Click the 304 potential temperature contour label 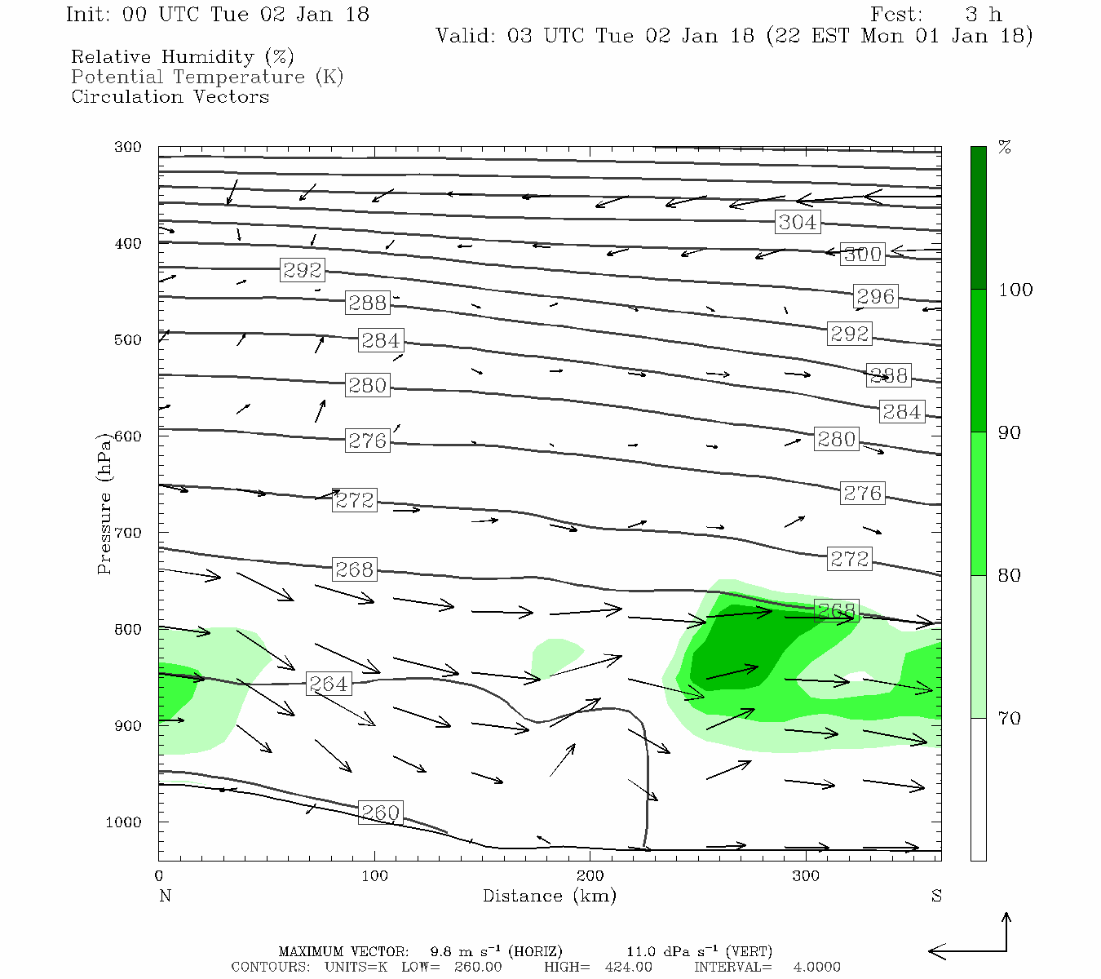[x=797, y=222]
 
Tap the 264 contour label [x=329, y=684]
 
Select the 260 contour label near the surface [x=380, y=813]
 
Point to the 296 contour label [x=875, y=296]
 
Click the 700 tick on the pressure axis [x=128, y=533]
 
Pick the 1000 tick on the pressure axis [x=124, y=822]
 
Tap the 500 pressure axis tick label [x=128, y=340]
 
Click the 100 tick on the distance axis [x=374, y=876]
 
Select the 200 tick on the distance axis [x=590, y=876]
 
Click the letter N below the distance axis [x=165, y=896]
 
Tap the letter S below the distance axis [x=936, y=896]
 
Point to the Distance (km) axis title [x=549, y=896]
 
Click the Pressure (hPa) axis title [x=104, y=503]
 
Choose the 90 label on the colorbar [x=1010, y=432]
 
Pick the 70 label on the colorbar [x=1010, y=719]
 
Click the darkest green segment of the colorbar [x=978, y=218]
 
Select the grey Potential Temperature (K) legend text [x=207, y=77]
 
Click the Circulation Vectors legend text [x=170, y=96]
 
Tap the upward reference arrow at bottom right [x=1006, y=930]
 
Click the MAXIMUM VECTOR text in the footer [x=343, y=951]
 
